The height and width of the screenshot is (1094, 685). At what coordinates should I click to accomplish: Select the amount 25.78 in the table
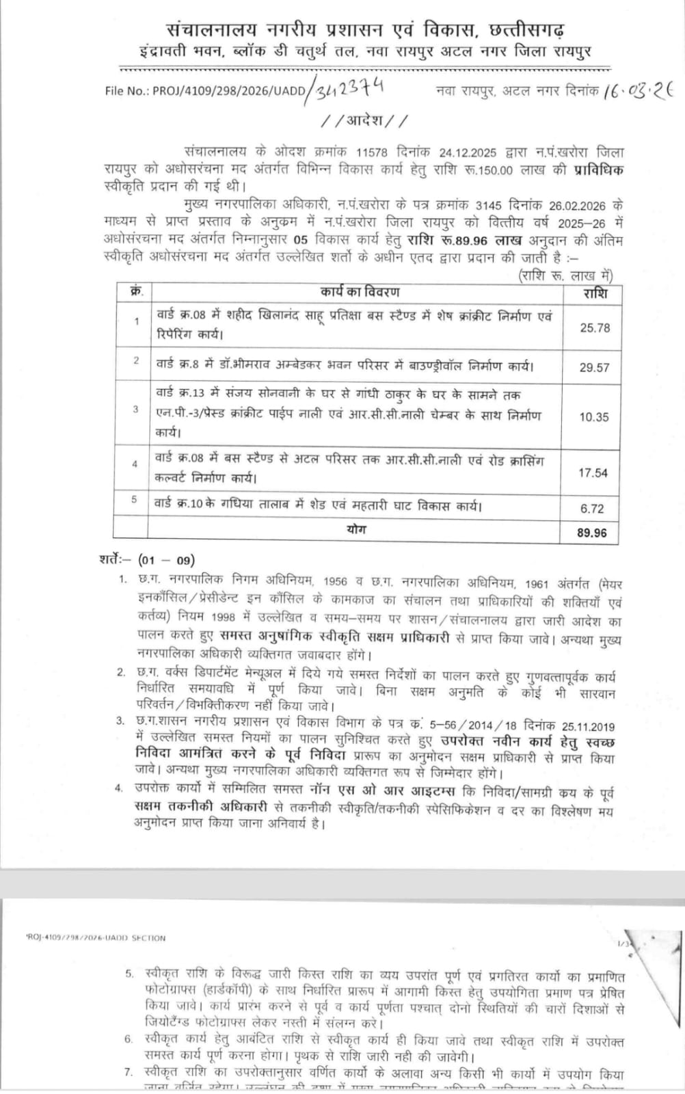click(594, 328)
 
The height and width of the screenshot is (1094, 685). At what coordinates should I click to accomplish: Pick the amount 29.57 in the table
click(594, 367)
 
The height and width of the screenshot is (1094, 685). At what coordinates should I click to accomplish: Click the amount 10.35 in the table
click(594, 416)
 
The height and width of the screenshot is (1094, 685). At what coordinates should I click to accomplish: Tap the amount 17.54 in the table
click(593, 472)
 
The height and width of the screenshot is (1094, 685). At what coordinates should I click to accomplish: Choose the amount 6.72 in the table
click(591, 509)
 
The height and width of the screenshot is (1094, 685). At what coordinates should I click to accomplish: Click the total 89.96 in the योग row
click(591, 532)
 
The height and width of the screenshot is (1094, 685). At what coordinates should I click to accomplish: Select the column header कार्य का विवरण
click(360, 292)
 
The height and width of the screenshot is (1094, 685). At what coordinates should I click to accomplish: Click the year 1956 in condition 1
click(336, 583)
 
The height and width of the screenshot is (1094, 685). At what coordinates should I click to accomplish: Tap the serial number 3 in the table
click(135, 410)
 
